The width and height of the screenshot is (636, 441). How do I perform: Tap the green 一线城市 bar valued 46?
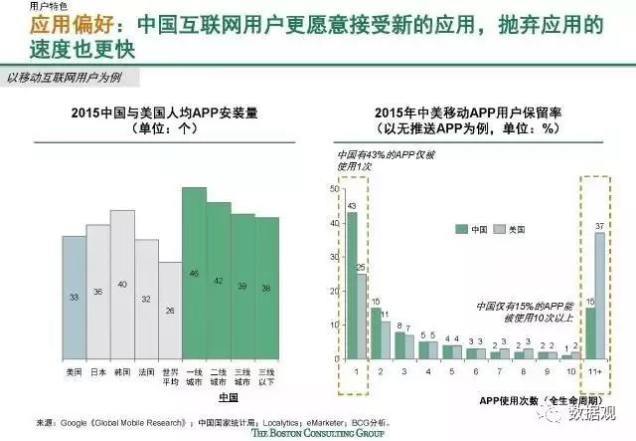195,273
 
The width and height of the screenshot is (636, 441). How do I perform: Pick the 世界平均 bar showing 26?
170,311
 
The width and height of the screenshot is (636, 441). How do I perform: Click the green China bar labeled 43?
351,284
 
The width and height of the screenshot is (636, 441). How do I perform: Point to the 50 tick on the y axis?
331,187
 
